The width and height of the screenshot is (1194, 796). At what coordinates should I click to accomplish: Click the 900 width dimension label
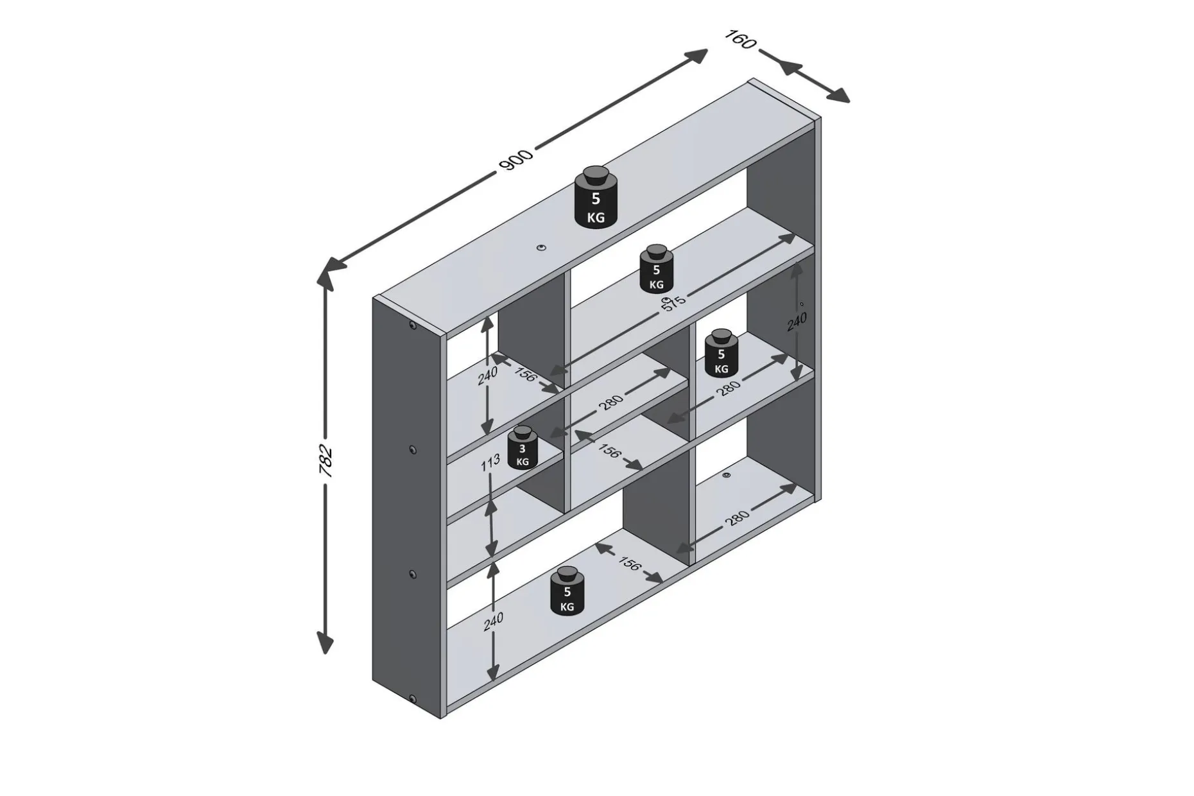click(515, 160)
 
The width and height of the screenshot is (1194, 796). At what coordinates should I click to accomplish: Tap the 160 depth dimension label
click(740, 39)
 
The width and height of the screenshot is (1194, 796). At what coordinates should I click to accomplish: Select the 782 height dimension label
click(325, 460)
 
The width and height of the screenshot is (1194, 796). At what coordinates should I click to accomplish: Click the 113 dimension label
click(491, 463)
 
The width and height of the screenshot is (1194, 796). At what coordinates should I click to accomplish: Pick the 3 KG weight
click(523, 447)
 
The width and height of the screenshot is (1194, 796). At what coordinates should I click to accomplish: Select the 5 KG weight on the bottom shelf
click(567, 591)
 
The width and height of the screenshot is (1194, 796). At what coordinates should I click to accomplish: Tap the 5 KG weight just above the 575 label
click(656, 268)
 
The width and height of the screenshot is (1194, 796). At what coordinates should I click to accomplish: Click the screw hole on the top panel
click(542, 247)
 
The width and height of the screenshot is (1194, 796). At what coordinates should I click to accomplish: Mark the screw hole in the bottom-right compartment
click(726, 475)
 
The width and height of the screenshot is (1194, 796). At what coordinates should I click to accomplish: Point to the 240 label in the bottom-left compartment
click(493, 621)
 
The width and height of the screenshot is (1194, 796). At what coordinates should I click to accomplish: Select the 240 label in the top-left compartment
click(487, 376)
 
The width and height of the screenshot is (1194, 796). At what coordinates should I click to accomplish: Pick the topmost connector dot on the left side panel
click(411, 327)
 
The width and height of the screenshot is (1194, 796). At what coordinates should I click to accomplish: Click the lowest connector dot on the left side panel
click(411, 699)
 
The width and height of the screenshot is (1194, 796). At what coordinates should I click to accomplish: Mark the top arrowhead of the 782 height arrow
click(326, 278)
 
